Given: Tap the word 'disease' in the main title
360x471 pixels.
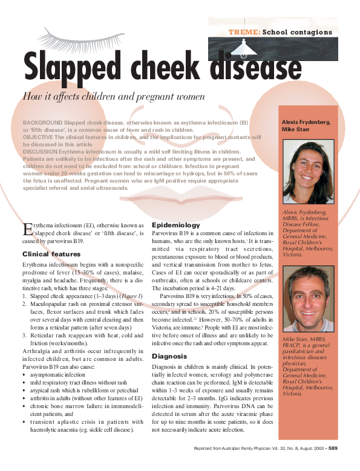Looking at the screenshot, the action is [257, 66].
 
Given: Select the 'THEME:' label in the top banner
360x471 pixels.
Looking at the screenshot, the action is [244, 31].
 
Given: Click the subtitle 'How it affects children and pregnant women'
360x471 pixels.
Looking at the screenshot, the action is [114, 96].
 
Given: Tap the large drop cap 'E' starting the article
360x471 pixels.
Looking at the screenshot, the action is [27, 228].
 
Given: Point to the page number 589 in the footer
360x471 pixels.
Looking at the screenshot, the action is [333, 449].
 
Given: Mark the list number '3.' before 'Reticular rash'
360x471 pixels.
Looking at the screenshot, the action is [25, 336].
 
